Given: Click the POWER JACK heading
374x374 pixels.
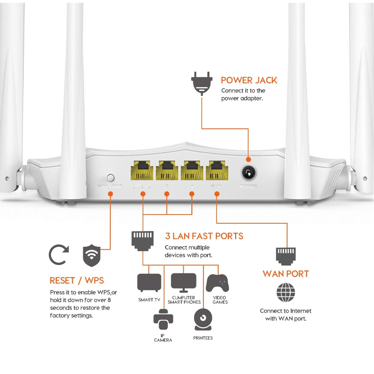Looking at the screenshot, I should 249,80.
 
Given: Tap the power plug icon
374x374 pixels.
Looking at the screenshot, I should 201,83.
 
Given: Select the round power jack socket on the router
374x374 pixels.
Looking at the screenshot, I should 248,174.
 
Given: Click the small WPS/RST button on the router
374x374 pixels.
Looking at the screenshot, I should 111,178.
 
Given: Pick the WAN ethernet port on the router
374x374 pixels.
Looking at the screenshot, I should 216,170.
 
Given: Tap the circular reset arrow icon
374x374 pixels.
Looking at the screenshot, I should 58,255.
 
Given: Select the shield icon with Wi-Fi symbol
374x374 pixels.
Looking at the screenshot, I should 92,255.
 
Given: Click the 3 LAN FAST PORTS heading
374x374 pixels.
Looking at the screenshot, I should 204,236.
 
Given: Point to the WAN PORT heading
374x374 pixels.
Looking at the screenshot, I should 286,273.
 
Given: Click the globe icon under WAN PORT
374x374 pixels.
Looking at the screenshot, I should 286,293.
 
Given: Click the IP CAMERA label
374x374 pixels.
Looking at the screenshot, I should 163,338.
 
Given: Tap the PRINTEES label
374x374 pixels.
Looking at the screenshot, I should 203,338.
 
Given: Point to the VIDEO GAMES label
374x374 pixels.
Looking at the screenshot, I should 220,300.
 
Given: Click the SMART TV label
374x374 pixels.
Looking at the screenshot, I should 149,300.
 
